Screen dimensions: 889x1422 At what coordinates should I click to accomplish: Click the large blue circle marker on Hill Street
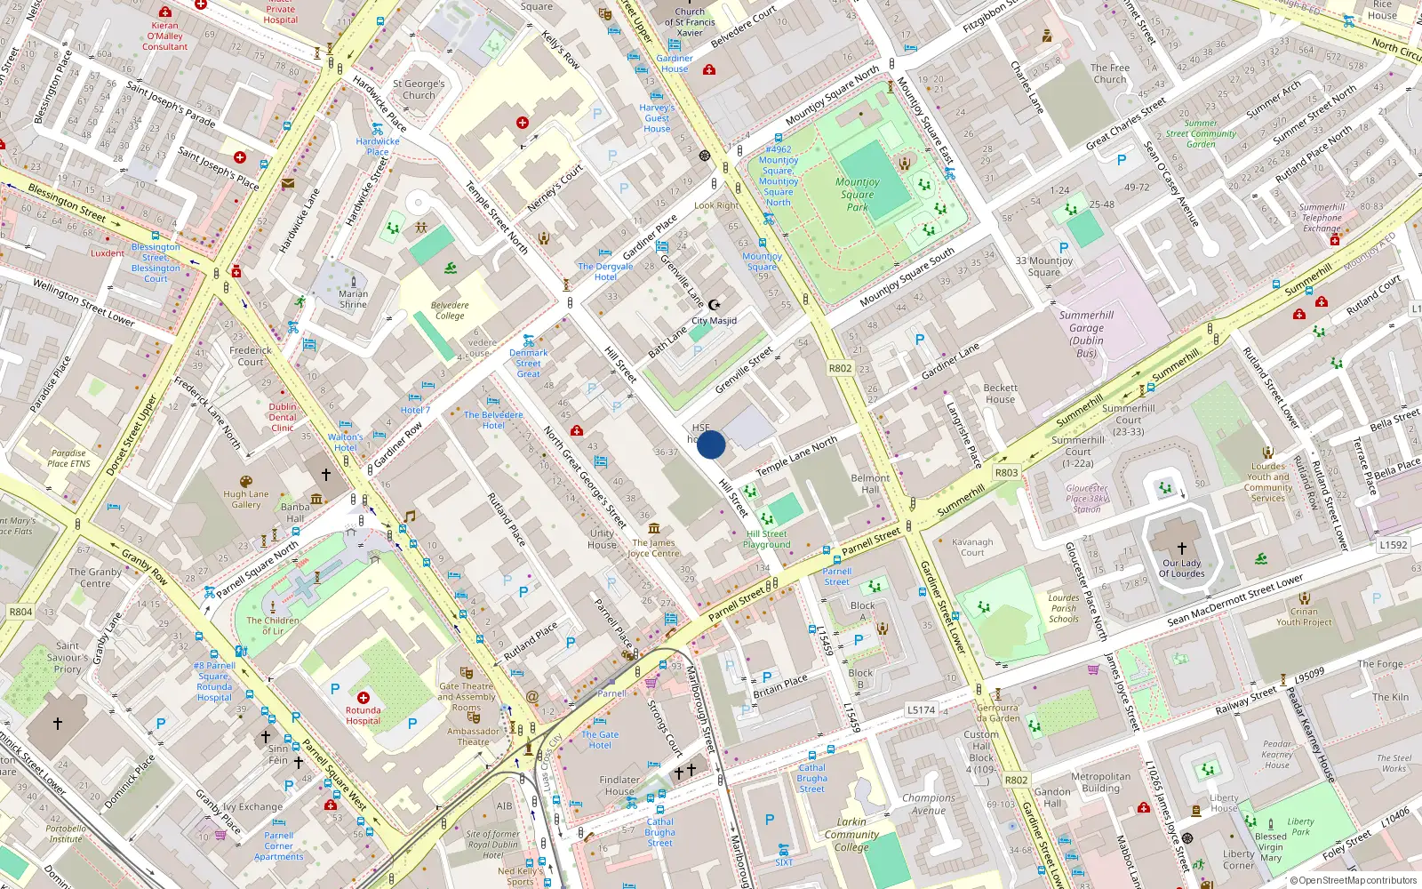point(711,444)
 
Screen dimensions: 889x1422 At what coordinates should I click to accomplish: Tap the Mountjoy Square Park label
point(858,195)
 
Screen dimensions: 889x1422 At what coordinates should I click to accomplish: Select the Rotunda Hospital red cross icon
point(363,698)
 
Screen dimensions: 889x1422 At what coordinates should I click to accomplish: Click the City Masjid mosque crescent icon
point(714,305)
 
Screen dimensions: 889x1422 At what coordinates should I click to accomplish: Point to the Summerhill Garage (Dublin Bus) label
point(1086,333)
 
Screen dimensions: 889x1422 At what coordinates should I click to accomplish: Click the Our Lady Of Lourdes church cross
point(1181,549)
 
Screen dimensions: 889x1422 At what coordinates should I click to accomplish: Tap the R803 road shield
point(1006,473)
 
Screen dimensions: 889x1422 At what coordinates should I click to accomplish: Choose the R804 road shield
point(20,612)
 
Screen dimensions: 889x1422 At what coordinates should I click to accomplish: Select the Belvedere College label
point(450,310)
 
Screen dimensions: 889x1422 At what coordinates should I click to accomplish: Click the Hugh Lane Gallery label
point(246,500)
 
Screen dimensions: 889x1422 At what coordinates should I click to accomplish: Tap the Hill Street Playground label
point(767,540)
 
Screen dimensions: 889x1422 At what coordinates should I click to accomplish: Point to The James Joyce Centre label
point(653,548)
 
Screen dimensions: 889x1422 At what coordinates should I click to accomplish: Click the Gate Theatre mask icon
point(467,673)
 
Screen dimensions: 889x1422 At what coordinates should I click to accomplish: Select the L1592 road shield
point(1393,545)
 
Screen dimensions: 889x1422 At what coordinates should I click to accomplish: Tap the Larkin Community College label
point(851,835)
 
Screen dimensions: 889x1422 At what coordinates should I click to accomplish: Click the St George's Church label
point(419,89)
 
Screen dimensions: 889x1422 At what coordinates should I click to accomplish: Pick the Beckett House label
point(1000,394)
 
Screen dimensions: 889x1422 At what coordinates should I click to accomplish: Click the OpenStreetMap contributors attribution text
point(1353,880)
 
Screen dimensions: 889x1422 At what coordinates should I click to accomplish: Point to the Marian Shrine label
point(353,299)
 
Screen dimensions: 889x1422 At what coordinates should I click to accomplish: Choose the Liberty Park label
point(1300,827)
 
